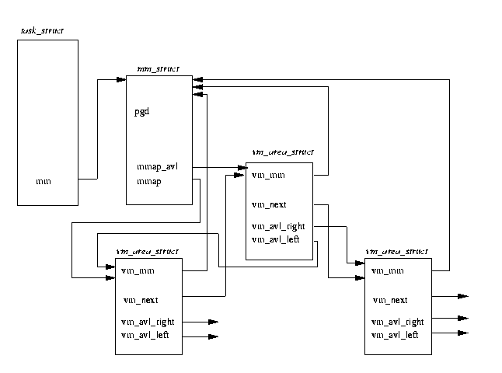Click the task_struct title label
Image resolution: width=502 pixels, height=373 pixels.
click(42, 30)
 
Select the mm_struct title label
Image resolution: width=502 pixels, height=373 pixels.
click(158, 69)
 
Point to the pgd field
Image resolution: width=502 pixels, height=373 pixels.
click(141, 111)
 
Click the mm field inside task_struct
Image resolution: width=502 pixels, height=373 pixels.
click(44, 182)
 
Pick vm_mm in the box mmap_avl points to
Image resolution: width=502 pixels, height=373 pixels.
click(268, 176)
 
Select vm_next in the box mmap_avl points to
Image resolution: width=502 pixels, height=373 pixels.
click(269, 205)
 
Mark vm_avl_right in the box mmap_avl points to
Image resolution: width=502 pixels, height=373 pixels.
click(276, 226)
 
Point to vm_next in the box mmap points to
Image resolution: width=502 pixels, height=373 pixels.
click(141, 299)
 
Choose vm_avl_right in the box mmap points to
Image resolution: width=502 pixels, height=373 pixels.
click(148, 321)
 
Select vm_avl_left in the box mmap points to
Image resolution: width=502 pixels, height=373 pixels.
click(145, 335)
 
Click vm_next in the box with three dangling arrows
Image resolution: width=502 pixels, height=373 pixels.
click(390, 300)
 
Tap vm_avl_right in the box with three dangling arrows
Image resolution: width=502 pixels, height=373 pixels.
click(397, 321)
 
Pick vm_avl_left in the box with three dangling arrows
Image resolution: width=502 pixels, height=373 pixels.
click(395, 335)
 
